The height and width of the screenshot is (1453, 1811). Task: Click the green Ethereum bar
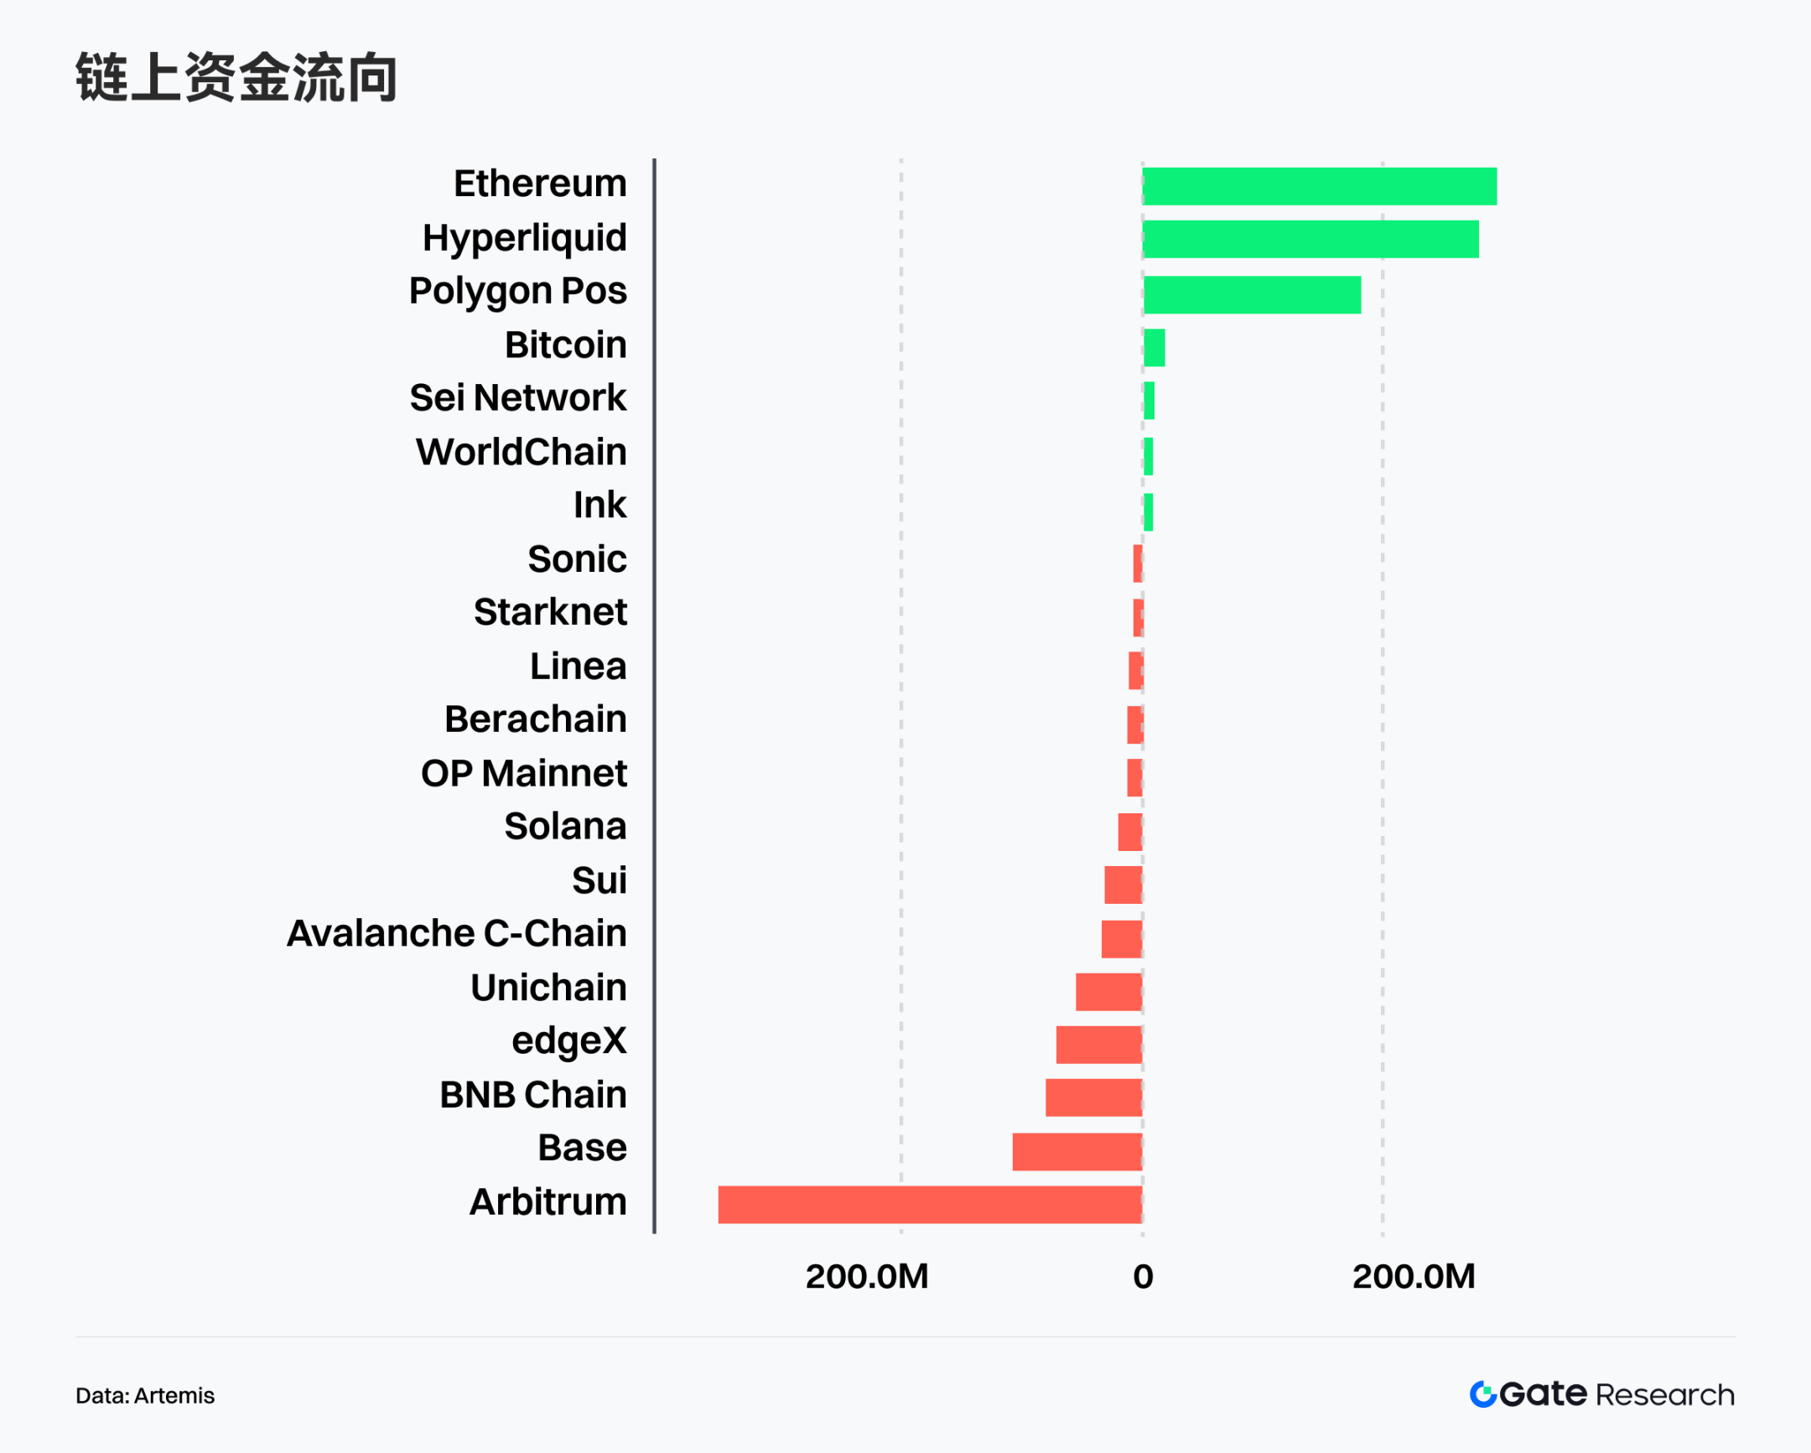pyautogui.click(x=1319, y=185)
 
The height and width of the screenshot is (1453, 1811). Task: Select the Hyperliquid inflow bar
pyautogui.click(x=1310, y=239)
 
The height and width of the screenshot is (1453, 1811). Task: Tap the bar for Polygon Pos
pyautogui.click(x=1252, y=294)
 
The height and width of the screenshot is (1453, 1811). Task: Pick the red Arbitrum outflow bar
pyautogui.click(x=930, y=1204)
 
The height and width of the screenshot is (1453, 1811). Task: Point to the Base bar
pyautogui.click(x=1077, y=1150)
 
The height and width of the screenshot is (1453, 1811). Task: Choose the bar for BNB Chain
pyautogui.click(x=1093, y=1097)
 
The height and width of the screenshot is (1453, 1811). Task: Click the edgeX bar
pyautogui.click(x=1098, y=1044)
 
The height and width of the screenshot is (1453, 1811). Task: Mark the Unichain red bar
pyautogui.click(x=1108, y=991)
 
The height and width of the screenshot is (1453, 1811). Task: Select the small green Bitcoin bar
pyautogui.click(x=1155, y=347)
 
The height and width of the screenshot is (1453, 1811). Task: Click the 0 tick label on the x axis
pyautogui.click(x=1143, y=1277)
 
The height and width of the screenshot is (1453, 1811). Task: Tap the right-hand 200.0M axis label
pyautogui.click(x=1414, y=1277)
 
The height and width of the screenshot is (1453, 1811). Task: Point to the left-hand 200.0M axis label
pyautogui.click(x=867, y=1277)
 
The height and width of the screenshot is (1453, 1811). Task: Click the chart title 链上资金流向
pyautogui.click(x=236, y=77)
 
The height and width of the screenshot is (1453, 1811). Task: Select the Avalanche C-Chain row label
pyautogui.click(x=457, y=933)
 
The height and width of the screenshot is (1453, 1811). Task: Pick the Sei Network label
pyautogui.click(x=517, y=397)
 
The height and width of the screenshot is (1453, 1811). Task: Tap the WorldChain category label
pyautogui.click(x=521, y=452)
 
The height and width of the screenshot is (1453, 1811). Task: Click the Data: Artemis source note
pyautogui.click(x=145, y=1395)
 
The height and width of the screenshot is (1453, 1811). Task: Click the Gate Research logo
pyautogui.click(x=1601, y=1394)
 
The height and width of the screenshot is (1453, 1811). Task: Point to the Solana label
pyautogui.click(x=565, y=827)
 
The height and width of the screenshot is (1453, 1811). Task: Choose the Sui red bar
pyautogui.click(x=1123, y=885)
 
